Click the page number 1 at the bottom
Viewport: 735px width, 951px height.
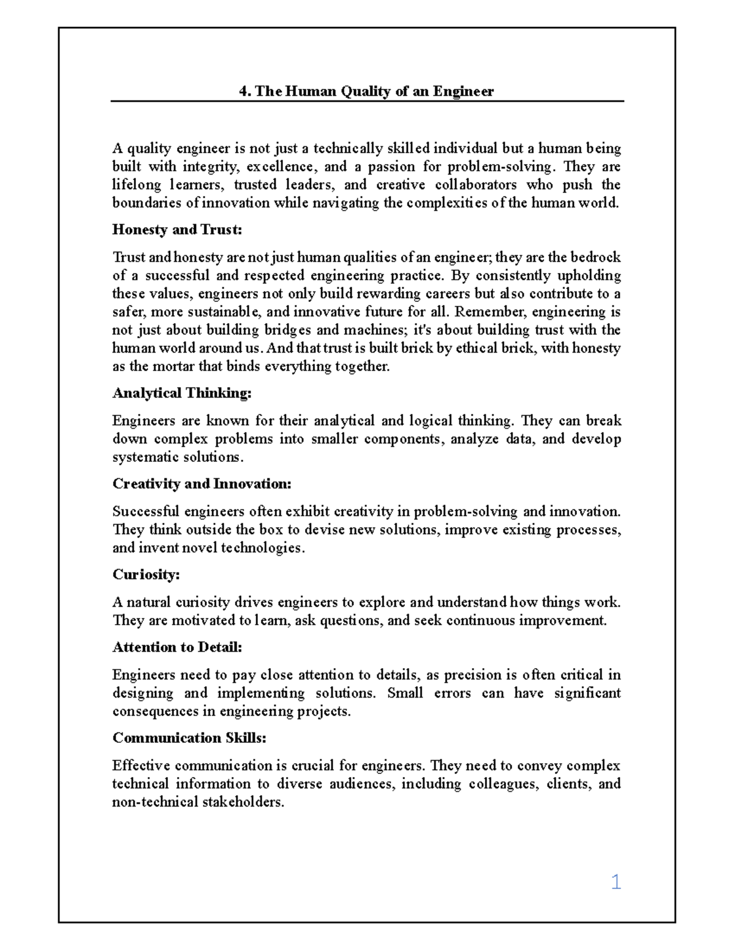tap(616, 882)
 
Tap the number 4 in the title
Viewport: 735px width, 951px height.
tap(243, 92)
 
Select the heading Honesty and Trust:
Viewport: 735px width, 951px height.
tap(178, 230)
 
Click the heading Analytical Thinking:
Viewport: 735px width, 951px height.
tap(182, 393)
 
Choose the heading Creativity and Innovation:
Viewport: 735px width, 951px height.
tap(202, 484)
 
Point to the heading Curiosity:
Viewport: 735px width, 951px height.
tap(146, 574)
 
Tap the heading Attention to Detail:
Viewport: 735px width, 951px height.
tap(178, 647)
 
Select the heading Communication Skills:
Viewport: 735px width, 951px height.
tap(189, 738)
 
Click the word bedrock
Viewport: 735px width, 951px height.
tap(595, 257)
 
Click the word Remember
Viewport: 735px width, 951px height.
tap(489, 312)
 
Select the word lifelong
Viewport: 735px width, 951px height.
tap(137, 185)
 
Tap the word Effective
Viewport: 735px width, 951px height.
tap(141, 766)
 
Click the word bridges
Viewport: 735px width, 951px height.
tap(287, 330)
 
